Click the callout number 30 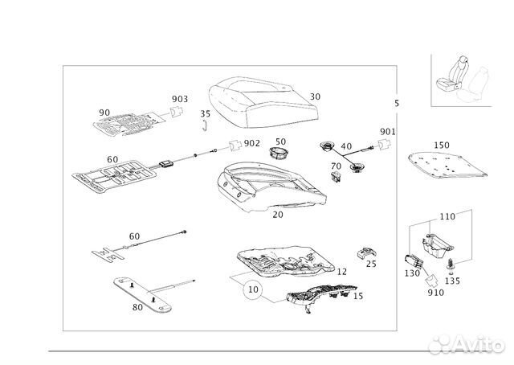click(315, 96)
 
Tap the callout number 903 click(180, 99)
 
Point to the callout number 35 click(205, 114)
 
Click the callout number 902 click(251, 143)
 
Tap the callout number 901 click(388, 131)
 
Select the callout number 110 click(447, 217)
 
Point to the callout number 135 click(452, 281)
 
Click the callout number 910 click(436, 292)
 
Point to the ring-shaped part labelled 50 click(279, 153)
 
